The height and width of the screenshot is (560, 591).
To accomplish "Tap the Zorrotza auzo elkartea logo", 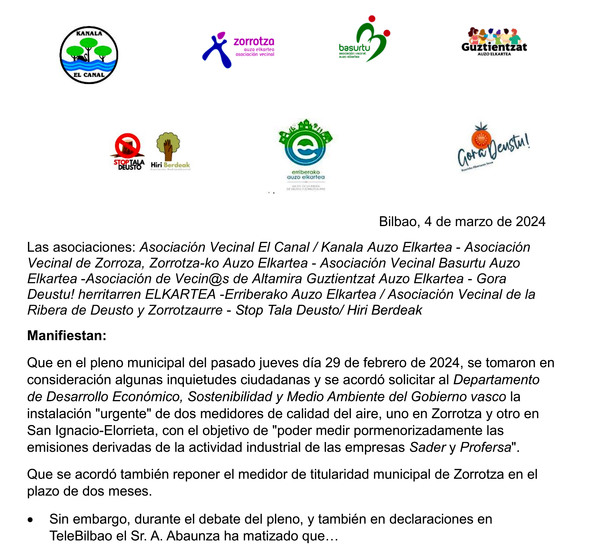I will coord(238,49).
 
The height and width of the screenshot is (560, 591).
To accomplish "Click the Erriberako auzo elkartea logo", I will coord(305,154).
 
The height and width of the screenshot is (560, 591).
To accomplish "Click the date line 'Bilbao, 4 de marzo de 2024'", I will coord(462,222).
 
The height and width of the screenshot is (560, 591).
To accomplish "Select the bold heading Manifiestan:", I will coord(66,335).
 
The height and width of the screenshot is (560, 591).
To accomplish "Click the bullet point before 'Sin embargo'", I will coord(30,520).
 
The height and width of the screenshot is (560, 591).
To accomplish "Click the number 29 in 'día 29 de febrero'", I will coord(333,363).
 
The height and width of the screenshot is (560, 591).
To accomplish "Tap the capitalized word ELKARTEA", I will coord(180,295).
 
